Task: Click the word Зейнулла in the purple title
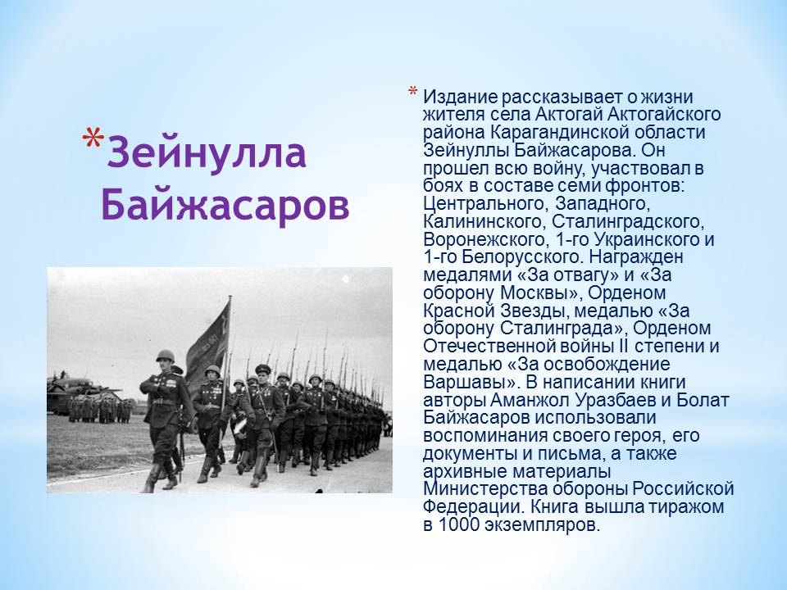[x=207, y=153]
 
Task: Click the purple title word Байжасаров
[x=225, y=205]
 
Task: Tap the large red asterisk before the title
[x=93, y=138]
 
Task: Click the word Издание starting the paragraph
[x=460, y=97]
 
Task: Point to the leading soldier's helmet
[x=165, y=356]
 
